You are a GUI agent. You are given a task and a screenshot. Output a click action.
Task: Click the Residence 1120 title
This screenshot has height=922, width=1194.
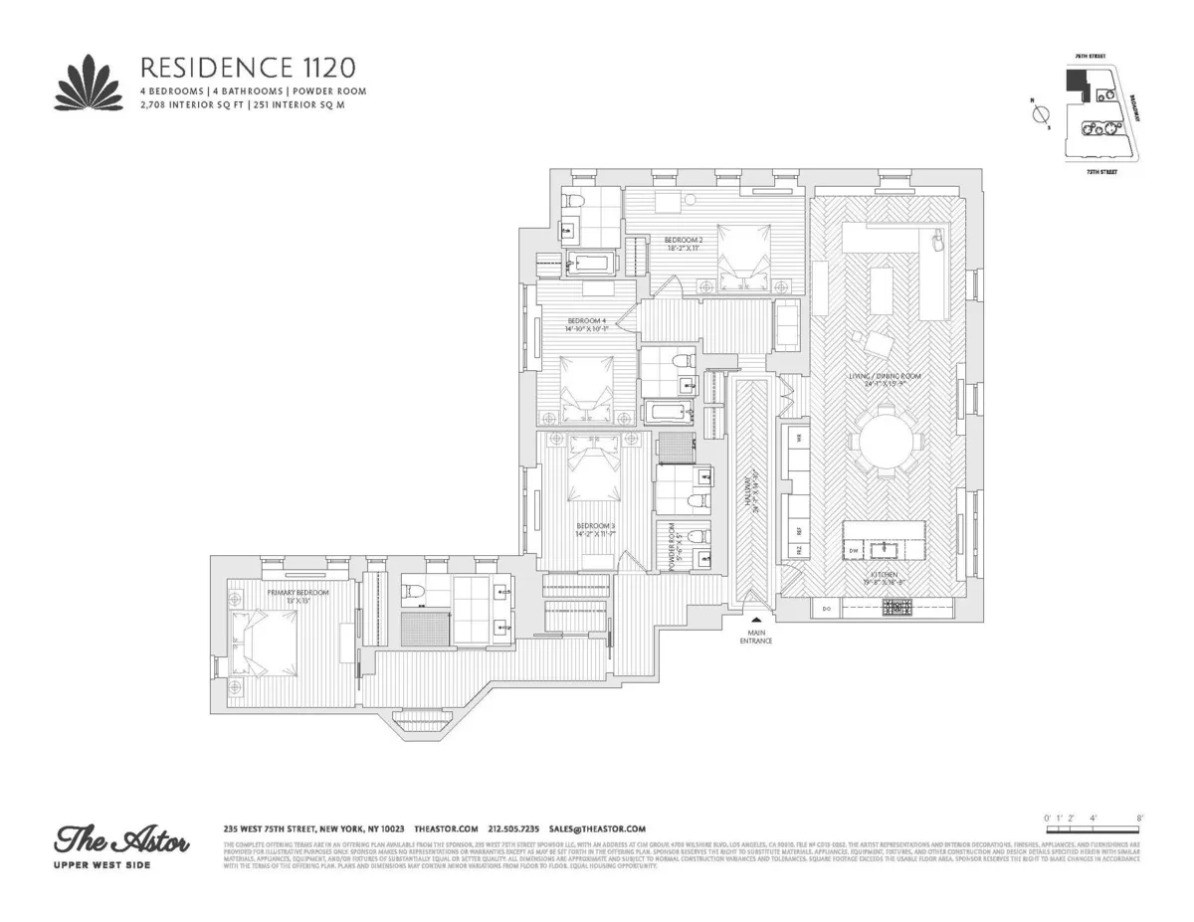point(247,68)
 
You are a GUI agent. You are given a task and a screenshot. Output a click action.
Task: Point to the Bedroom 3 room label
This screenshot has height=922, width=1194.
point(595,530)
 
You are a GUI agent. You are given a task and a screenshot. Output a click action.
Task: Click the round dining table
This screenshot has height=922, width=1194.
point(881,442)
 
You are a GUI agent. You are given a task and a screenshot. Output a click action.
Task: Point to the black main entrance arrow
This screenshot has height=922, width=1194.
point(755,621)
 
